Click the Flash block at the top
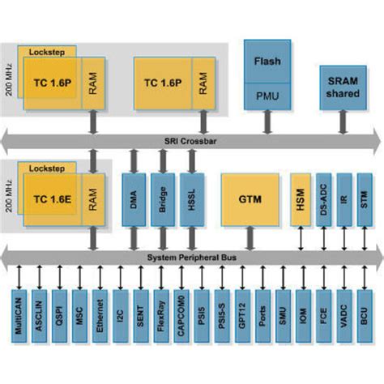(x=267, y=62)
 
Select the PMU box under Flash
(x=267, y=94)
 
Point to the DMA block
(x=134, y=198)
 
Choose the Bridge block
(x=162, y=198)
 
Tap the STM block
(x=366, y=198)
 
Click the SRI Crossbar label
(x=190, y=140)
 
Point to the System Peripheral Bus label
(x=190, y=258)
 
